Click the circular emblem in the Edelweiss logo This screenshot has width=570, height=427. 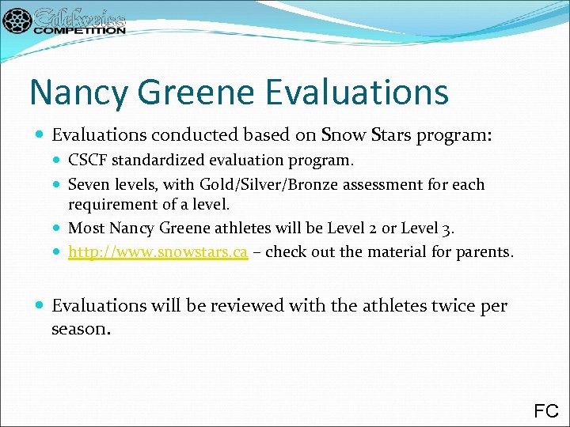(x=17, y=21)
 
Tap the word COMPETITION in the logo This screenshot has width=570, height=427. (x=79, y=30)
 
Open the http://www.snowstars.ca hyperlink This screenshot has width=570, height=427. (x=158, y=252)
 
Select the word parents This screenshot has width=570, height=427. (x=484, y=252)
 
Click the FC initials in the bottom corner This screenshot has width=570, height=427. (x=546, y=410)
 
